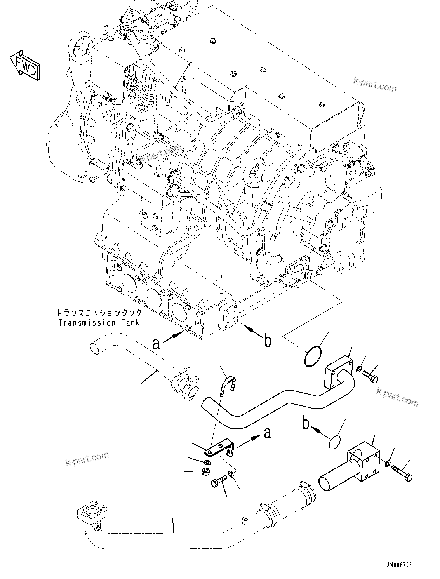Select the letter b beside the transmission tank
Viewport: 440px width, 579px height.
click(268, 341)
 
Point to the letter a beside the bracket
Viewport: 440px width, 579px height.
click(267, 433)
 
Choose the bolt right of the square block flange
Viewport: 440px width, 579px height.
click(402, 473)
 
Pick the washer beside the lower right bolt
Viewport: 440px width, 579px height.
click(388, 463)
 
